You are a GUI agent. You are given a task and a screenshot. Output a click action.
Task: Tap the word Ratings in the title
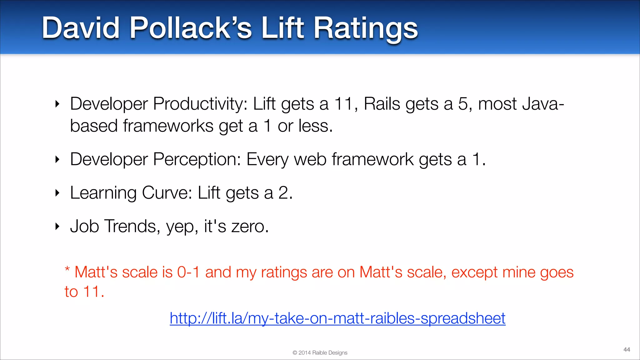(365, 29)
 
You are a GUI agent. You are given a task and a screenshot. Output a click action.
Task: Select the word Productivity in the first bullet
(200, 104)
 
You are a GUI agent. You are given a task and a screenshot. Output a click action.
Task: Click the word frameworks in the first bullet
(168, 126)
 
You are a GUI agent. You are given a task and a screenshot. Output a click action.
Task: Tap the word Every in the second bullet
(267, 160)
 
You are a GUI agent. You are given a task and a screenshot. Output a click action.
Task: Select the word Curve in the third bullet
(167, 192)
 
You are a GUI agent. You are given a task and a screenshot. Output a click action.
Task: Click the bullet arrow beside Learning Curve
(57, 193)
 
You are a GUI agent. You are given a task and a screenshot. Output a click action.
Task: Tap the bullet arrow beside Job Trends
(57, 226)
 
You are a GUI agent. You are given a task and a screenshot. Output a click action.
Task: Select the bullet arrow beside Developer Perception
(57, 160)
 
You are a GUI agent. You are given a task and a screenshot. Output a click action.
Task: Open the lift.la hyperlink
(337, 318)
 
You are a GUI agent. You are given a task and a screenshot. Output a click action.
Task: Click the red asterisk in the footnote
(67, 269)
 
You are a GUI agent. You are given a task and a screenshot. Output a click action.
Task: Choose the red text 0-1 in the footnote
(188, 272)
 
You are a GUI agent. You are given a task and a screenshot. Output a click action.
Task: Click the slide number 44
(627, 349)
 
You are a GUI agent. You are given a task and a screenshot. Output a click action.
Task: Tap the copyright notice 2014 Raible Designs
(320, 353)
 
